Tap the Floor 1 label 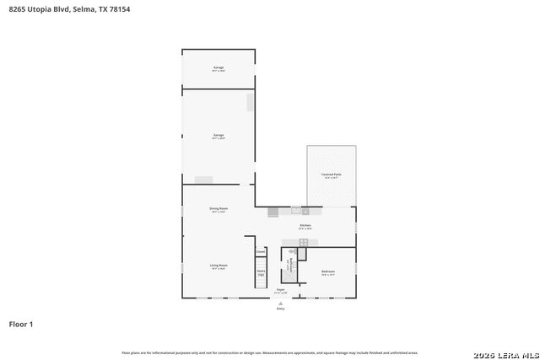(21, 324)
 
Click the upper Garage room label (219, 67)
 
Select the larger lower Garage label (219, 136)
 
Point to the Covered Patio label (331, 175)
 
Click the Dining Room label (219, 209)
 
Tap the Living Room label (219, 266)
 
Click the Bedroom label (328, 272)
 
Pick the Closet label (261, 252)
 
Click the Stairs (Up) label (261, 272)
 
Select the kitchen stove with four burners (304, 243)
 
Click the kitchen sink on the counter (296, 209)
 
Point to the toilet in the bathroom (293, 252)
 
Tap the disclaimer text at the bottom (269, 352)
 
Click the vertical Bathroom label (288, 266)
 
